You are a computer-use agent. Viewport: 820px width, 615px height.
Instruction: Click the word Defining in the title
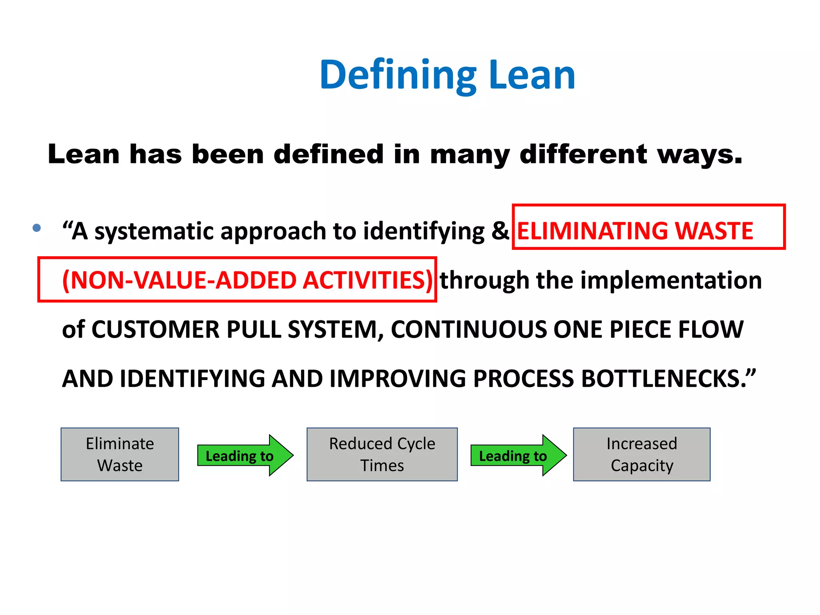[398, 75]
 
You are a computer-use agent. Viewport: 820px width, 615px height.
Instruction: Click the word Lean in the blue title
[532, 75]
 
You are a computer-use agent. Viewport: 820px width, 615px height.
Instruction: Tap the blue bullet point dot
[37, 228]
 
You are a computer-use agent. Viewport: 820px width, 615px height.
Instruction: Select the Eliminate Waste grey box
[120, 454]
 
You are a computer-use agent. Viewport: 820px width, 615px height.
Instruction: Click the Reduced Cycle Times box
[382, 454]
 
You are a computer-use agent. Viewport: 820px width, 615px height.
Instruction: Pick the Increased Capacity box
[641, 454]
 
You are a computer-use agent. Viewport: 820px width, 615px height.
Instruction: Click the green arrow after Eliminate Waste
[245, 456]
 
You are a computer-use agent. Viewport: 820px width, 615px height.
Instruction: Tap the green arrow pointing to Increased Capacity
[518, 456]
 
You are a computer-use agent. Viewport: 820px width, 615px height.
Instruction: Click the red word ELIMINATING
[591, 231]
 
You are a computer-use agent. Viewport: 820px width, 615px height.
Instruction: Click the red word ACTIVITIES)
[368, 280]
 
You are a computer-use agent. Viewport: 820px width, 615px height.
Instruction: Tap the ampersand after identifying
[500, 231]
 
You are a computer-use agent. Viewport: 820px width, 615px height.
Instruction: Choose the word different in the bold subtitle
[583, 155]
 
